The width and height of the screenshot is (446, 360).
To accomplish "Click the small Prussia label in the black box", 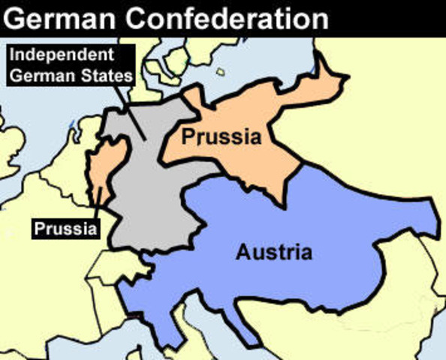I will pyautogui.click(x=65, y=226).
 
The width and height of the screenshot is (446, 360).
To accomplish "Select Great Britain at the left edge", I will pyautogui.click(x=9, y=150).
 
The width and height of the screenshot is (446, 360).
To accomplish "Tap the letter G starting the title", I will pyautogui.click(x=16, y=16).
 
